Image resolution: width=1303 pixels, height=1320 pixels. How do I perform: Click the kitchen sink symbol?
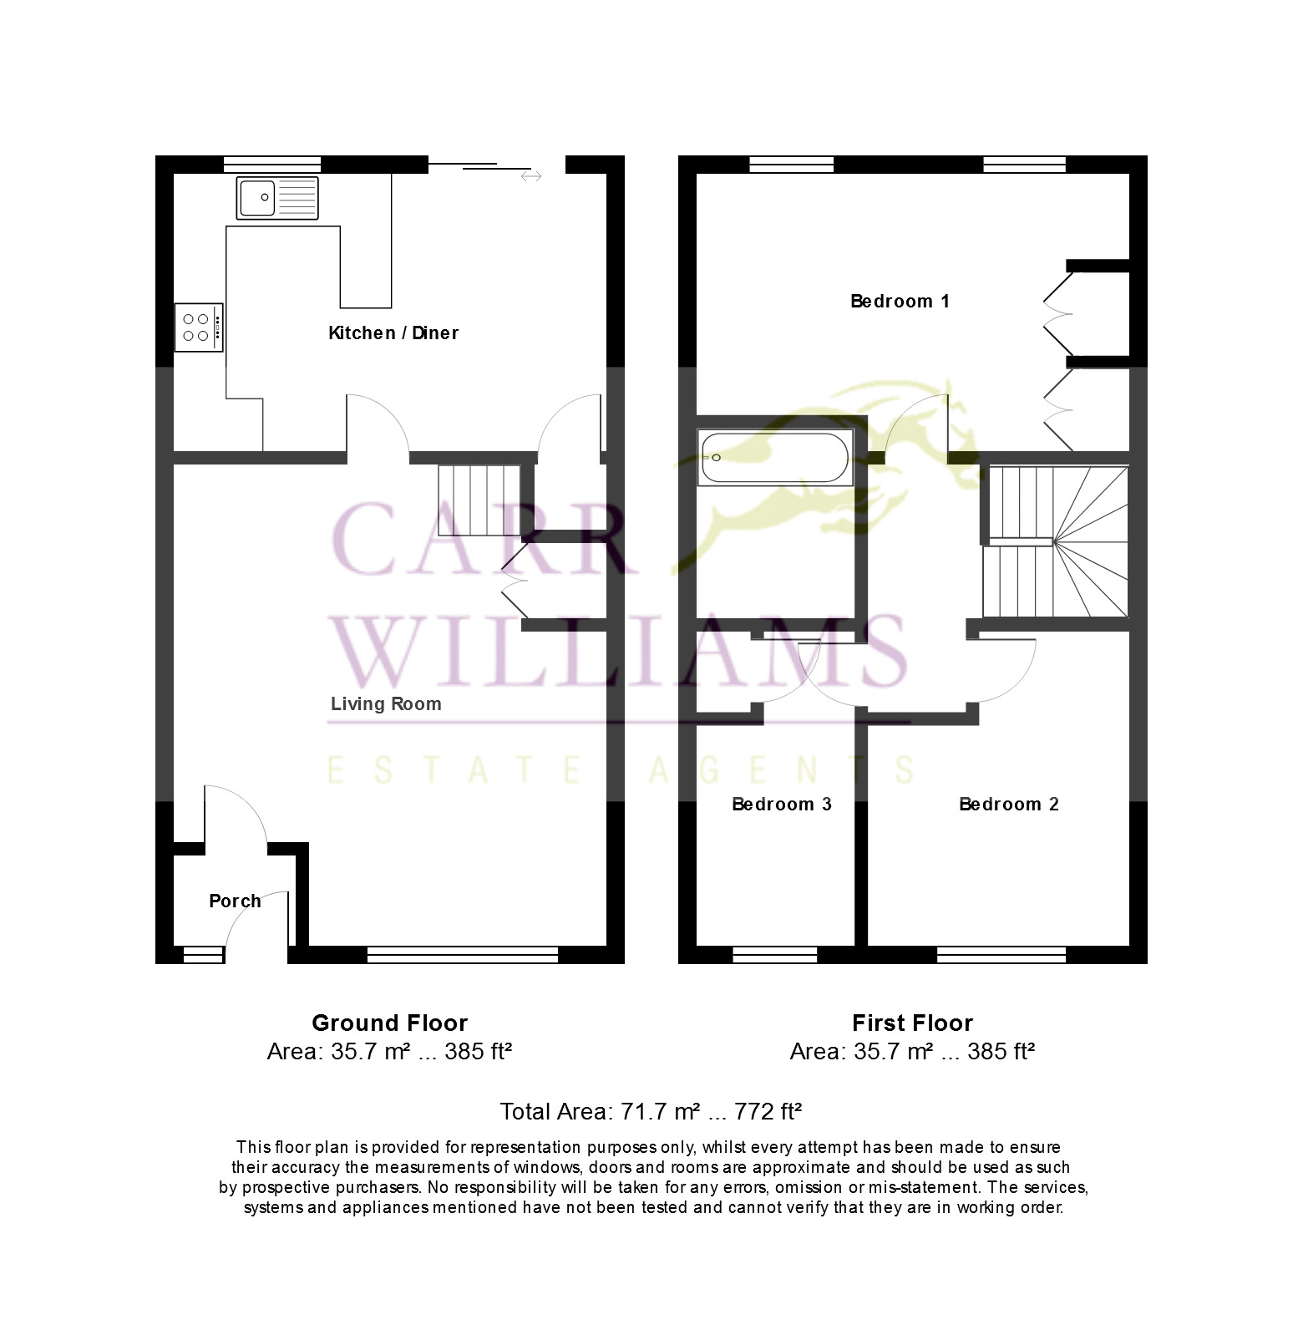[277, 198]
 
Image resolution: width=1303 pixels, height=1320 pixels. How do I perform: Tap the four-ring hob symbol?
[199, 327]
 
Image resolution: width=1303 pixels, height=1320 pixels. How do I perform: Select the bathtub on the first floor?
[775, 458]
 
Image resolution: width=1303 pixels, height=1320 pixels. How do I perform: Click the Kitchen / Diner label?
[393, 333]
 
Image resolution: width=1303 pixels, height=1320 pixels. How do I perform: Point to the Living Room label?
[386, 703]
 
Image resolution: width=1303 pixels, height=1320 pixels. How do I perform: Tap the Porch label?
[235, 901]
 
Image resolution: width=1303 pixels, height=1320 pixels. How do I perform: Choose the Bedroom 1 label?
[900, 301]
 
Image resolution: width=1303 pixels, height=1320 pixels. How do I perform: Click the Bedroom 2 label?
[1009, 804]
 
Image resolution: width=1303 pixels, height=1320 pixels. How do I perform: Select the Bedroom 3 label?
[782, 804]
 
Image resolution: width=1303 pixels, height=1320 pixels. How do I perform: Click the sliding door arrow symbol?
[530, 176]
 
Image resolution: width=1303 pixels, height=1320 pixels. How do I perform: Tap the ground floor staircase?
[479, 500]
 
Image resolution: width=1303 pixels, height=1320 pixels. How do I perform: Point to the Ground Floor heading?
[389, 1023]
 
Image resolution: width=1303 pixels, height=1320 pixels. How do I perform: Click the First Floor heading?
[912, 1023]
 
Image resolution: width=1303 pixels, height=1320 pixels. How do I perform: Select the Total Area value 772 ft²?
[768, 1111]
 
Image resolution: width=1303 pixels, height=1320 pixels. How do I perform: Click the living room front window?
[463, 954]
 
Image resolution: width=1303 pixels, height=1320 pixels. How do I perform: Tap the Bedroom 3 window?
[774, 954]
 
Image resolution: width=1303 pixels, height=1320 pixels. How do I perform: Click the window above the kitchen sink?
[272, 164]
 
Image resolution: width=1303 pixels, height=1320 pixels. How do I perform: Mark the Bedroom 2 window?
[1001, 954]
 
